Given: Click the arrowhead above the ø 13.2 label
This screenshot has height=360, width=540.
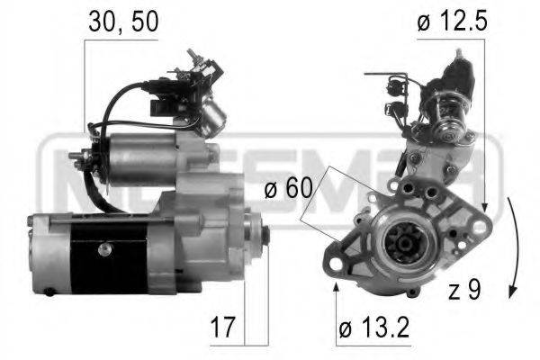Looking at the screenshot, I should (x=337, y=287).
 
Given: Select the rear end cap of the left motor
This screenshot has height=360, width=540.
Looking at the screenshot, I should (x=40, y=256).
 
